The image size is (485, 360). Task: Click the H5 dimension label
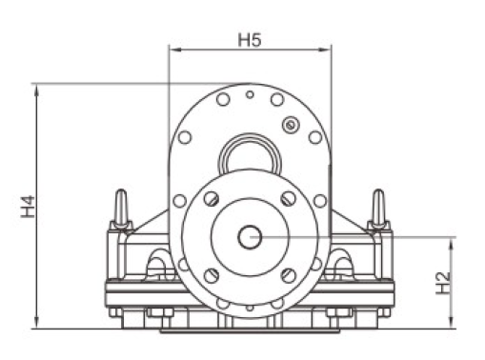pos(250,40)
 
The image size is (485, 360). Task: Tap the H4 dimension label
pos(28,207)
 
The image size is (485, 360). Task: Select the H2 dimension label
pos(443,283)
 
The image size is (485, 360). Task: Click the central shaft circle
pos(250,237)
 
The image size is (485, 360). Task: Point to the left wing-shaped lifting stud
pos(121,210)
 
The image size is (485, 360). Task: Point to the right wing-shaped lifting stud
pos(378,210)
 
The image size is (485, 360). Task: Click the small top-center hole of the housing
pos(250,94)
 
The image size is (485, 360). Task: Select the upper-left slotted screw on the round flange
pos(212,199)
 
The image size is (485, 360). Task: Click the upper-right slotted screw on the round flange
pos(289,199)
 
